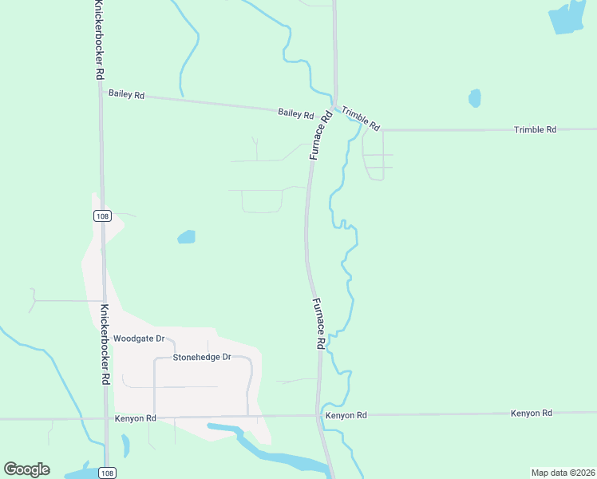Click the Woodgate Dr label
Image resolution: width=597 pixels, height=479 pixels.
tap(139, 338)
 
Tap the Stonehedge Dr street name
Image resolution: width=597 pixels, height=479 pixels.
tap(201, 357)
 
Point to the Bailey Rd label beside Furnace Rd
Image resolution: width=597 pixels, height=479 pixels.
tap(295, 113)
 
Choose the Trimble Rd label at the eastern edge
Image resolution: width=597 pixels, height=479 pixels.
tap(535, 129)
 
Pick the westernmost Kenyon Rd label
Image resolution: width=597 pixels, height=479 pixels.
tap(135, 418)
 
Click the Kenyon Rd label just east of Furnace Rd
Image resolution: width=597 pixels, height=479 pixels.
tap(346, 416)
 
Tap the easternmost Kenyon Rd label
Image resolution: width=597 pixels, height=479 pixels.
tap(532, 413)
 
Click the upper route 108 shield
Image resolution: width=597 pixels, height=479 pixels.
tap(101, 216)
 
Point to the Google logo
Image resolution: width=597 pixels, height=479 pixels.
tap(26, 469)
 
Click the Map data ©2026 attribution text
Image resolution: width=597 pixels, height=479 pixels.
tap(562, 473)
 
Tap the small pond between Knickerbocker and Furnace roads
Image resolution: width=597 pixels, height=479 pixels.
tap(186, 236)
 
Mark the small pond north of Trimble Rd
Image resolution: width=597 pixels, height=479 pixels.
tap(475, 98)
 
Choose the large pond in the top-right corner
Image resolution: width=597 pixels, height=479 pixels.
tap(568, 18)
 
